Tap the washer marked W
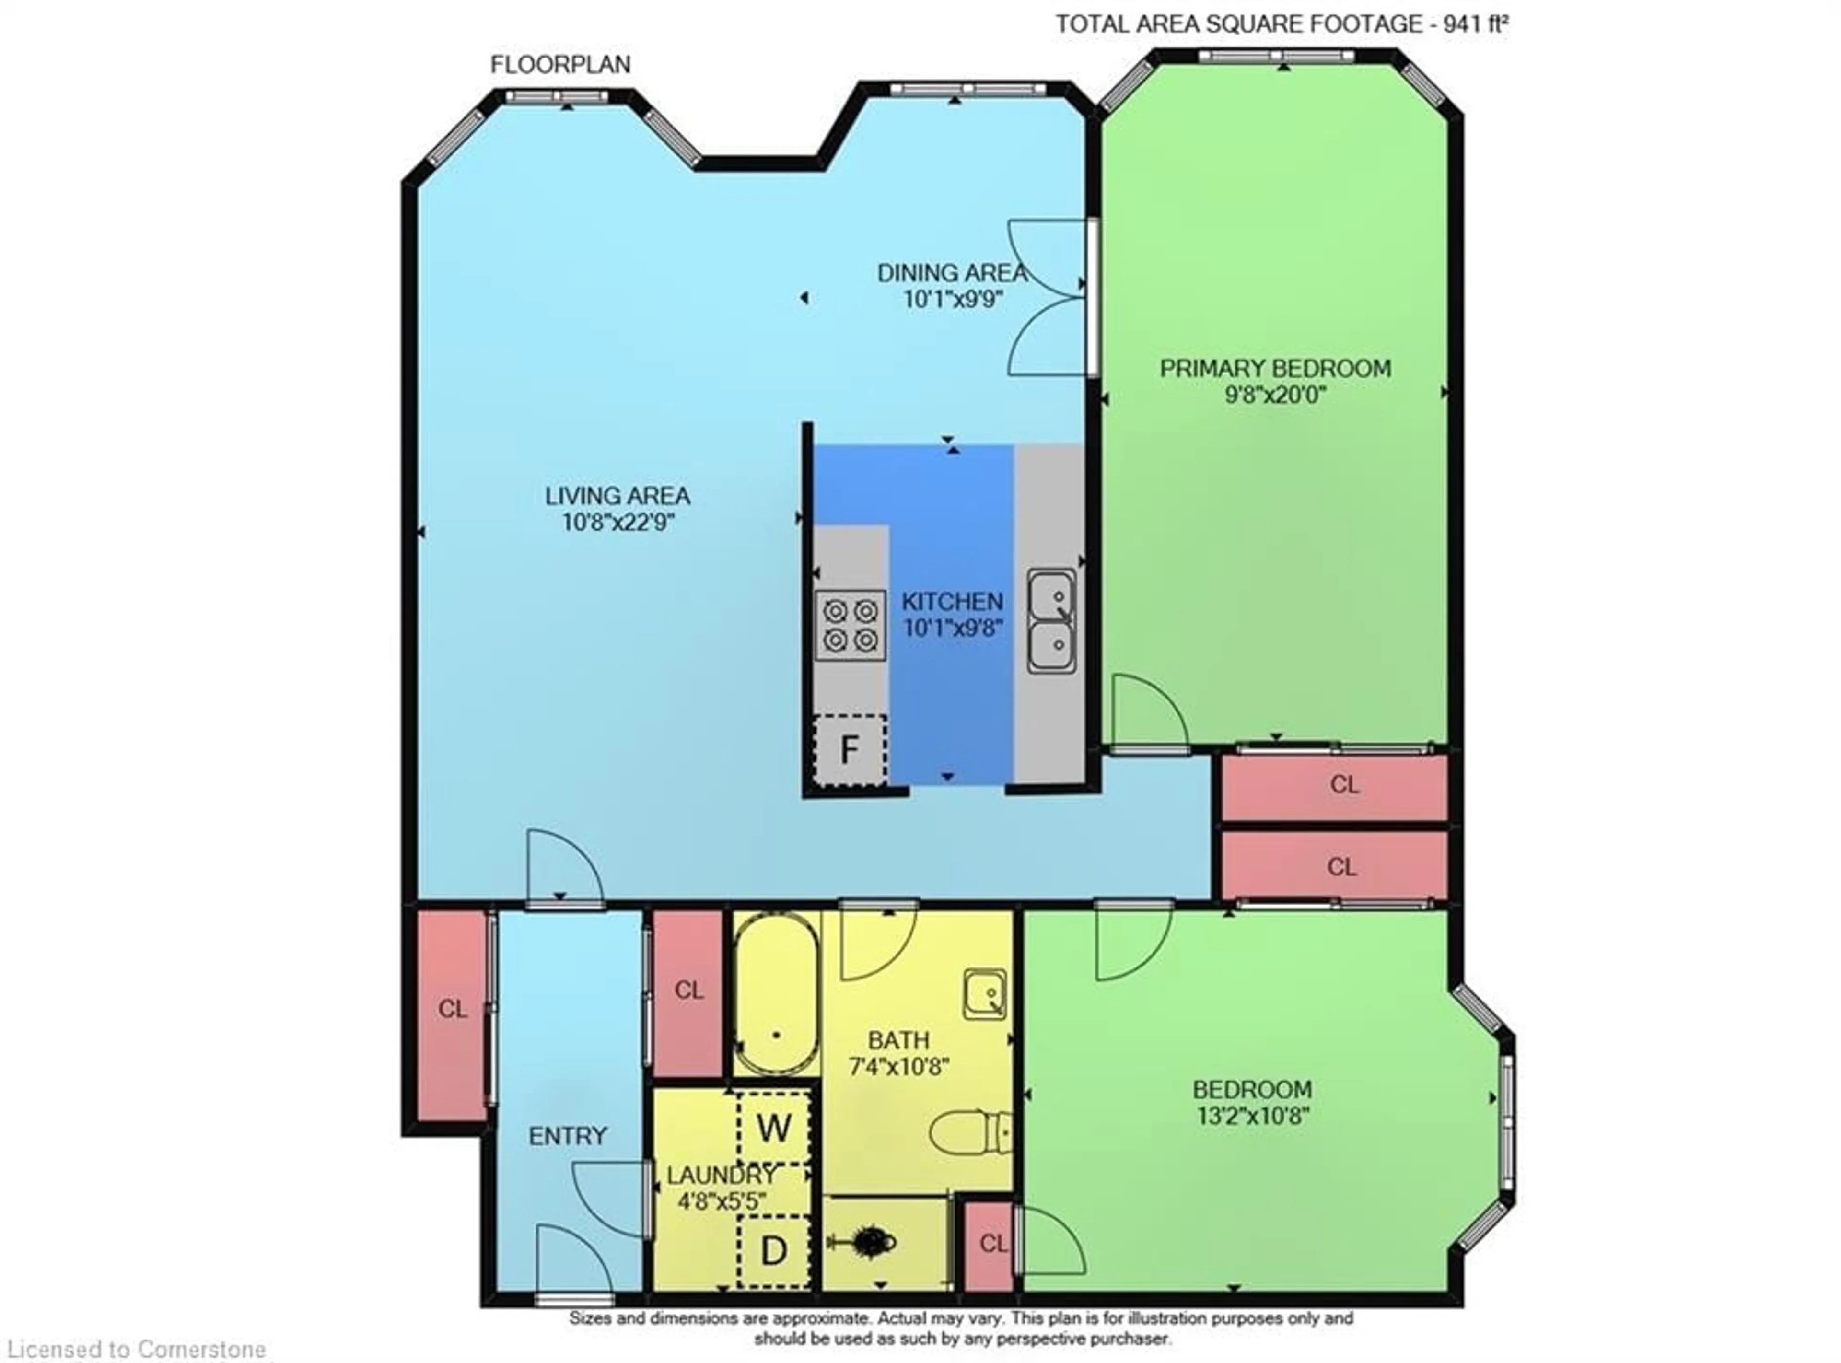(x=773, y=1127)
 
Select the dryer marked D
(x=773, y=1251)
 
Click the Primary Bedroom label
(x=1275, y=368)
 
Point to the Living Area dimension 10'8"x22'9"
(x=617, y=522)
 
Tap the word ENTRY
(x=568, y=1136)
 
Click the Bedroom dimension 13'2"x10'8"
(x=1253, y=1116)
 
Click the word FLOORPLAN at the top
(x=561, y=64)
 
